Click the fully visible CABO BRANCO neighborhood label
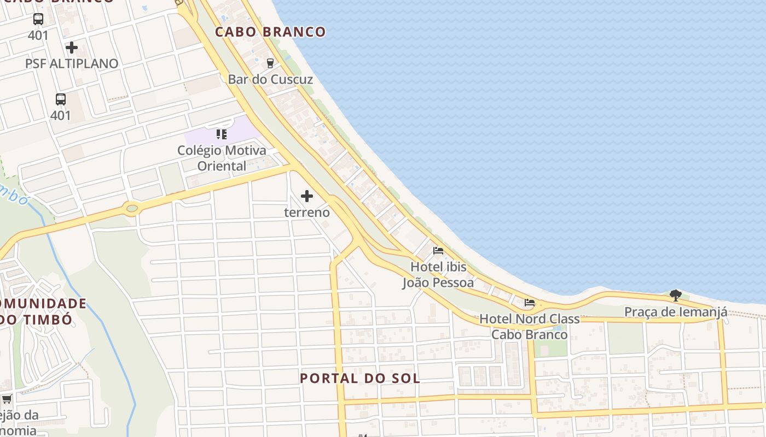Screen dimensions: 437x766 pyautogui.click(x=270, y=32)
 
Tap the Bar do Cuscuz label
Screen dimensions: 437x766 pyautogui.click(x=270, y=79)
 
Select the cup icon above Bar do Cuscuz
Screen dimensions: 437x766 pyautogui.click(x=270, y=63)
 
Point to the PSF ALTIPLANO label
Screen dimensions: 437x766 pyautogui.click(x=72, y=63)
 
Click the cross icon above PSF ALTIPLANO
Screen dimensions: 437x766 pyautogui.click(x=72, y=48)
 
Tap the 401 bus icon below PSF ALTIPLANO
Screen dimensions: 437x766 pyautogui.click(x=61, y=99)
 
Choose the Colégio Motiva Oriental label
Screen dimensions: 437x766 pyautogui.click(x=222, y=158)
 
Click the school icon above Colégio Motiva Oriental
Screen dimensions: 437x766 pyautogui.click(x=222, y=134)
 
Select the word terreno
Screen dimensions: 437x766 pyautogui.click(x=307, y=212)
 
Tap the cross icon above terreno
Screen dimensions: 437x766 pyautogui.click(x=307, y=196)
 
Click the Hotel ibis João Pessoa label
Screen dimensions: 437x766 pyautogui.click(x=438, y=275)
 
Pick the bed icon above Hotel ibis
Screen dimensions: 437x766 pyautogui.click(x=438, y=251)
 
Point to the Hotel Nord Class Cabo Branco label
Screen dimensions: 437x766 pyautogui.click(x=529, y=326)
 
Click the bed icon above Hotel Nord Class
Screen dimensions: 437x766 pyautogui.click(x=529, y=302)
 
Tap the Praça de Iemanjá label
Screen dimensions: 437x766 pyautogui.click(x=676, y=312)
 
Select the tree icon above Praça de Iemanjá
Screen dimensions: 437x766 pyautogui.click(x=676, y=296)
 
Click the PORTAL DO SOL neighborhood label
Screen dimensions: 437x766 pyautogui.click(x=360, y=378)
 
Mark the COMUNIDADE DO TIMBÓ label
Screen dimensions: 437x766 pyautogui.click(x=41, y=311)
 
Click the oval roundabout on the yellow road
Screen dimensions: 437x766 pyautogui.click(x=131, y=208)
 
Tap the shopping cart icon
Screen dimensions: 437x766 pyautogui.click(x=7, y=399)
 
